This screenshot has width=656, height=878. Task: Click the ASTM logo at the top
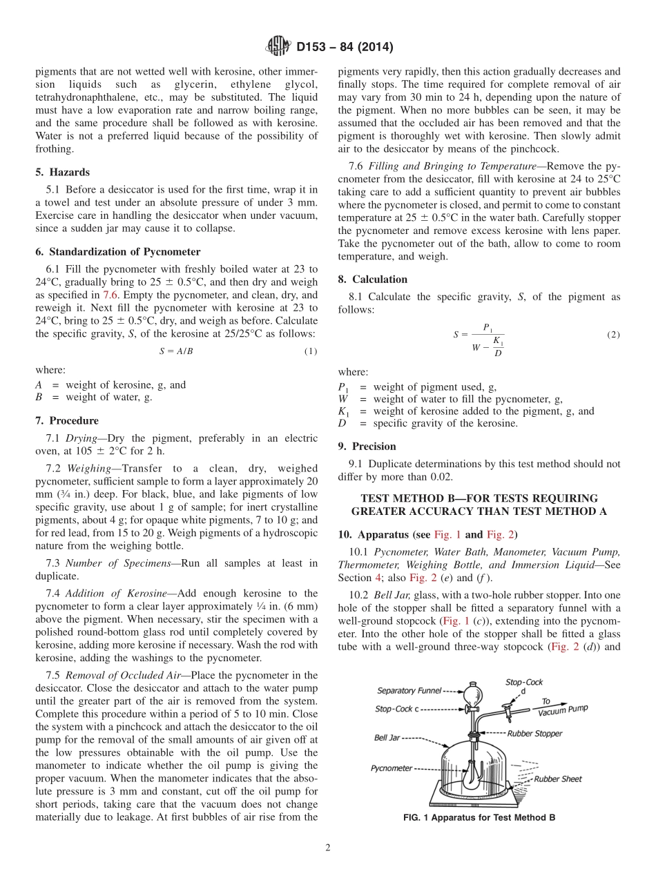(278, 47)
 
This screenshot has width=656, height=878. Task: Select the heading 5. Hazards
(62, 172)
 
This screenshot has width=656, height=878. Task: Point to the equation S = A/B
(176, 351)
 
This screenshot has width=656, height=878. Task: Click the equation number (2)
(613, 335)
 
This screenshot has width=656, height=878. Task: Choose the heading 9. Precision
(367, 446)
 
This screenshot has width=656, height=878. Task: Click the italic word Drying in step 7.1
(81, 438)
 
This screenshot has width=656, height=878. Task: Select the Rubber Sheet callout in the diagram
(558, 779)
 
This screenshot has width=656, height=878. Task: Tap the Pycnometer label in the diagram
(392, 768)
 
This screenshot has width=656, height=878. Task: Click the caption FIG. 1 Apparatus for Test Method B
(479, 817)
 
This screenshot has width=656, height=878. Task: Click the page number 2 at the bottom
(328, 848)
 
